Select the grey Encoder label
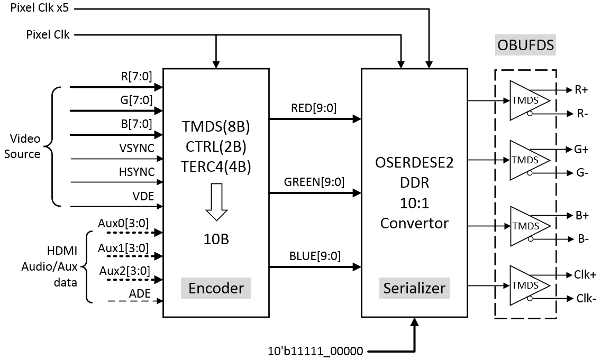(x=216, y=288)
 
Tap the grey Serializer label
(x=414, y=288)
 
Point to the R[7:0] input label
(x=136, y=76)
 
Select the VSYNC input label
(x=137, y=149)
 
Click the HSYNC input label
(x=137, y=172)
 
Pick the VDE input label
(x=143, y=196)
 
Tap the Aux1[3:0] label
(x=124, y=247)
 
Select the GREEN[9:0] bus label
(x=314, y=182)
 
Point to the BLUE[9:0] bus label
(x=315, y=256)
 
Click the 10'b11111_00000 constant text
(x=316, y=350)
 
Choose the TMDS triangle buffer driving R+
(x=526, y=100)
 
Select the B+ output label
(x=581, y=216)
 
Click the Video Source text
(x=25, y=146)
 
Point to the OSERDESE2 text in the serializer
(x=414, y=163)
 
